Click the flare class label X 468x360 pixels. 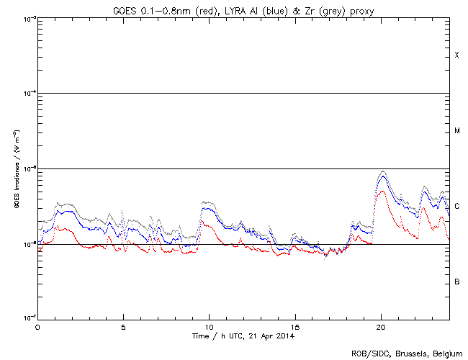click(x=456, y=55)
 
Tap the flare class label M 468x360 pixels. click(x=456, y=131)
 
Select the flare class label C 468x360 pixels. click(x=456, y=207)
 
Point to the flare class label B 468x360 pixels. click(x=456, y=282)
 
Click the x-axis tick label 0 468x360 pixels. click(x=37, y=326)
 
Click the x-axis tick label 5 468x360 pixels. click(x=123, y=326)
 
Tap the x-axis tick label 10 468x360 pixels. click(x=209, y=326)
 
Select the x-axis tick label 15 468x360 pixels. click(x=294, y=326)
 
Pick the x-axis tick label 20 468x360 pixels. click(x=380, y=326)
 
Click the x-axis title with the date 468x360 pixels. click(x=243, y=336)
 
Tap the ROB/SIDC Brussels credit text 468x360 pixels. click(x=407, y=353)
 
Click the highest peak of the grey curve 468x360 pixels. click(x=382, y=171)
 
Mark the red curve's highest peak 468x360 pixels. click(x=382, y=191)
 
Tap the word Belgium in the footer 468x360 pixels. click(x=447, y=353)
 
